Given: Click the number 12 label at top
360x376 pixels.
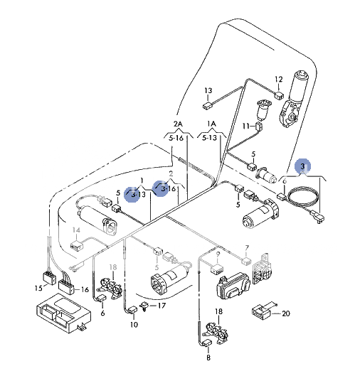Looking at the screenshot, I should coord(279,79).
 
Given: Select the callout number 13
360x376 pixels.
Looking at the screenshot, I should coord(208,91).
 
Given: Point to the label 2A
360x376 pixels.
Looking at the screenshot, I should coord(177,123).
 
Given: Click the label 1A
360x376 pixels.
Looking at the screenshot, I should coord(211,123).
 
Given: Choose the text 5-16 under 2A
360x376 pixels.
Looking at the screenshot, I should coord(176,138).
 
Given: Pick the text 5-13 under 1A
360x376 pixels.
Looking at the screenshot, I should coord(210,138).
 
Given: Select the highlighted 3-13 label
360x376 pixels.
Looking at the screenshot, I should coord(135,193).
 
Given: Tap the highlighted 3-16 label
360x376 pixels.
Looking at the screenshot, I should coord(168,189).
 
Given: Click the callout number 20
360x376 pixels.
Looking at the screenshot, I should coord(286,313).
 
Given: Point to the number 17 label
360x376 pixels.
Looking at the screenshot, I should coord(162,306).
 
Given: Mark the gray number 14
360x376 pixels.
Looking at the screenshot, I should coord(76,230).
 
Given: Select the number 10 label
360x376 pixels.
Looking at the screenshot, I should coord(133,325).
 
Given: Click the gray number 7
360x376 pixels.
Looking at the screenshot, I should coord(247,249).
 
